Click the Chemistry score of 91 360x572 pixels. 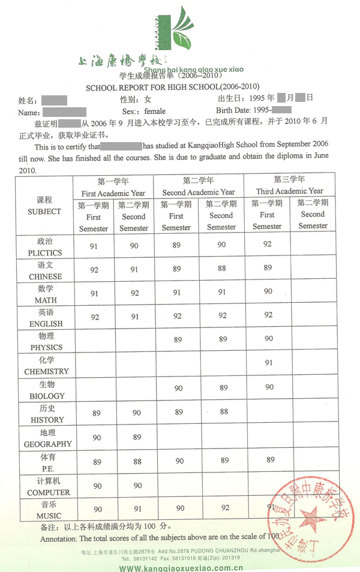click(268, 363)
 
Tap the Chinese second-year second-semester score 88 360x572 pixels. click(222, 268)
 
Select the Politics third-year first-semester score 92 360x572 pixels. click(268, 244)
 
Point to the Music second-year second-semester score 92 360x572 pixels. click(225, 508)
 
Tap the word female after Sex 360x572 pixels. click(155, 112)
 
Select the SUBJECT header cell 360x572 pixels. click(44, 206)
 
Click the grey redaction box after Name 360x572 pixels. click(65, 112)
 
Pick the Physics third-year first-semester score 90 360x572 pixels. click(268, 339)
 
